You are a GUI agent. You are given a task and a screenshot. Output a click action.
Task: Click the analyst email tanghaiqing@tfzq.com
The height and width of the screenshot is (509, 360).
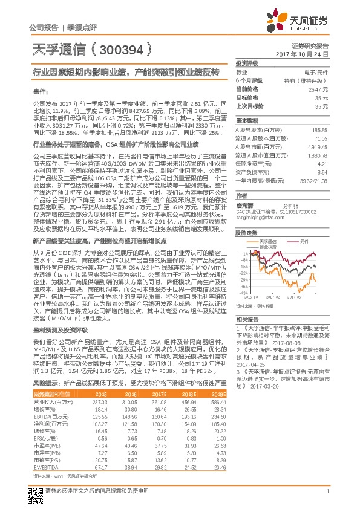pyautogui.click(x=257, y=217)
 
